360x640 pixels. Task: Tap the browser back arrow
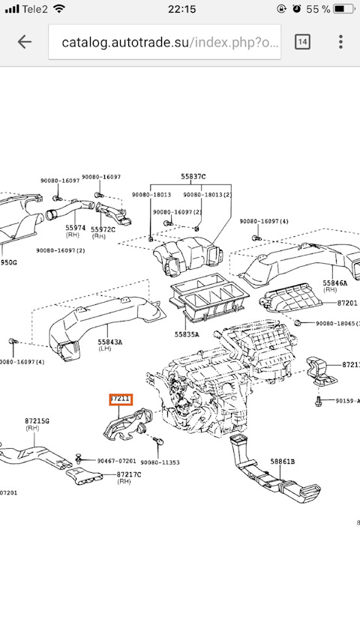pos(25,42)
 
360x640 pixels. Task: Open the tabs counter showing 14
pos(302,42)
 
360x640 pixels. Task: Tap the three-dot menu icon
pos(341,42)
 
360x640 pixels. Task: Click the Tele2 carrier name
pos(34,9)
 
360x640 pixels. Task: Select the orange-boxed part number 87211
pos(120,399)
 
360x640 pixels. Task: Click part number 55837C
pos(193,178)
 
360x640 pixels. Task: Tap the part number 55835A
pos(187,334)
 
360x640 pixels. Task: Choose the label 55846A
pos(334,284)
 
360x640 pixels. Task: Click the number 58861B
pos(283,462)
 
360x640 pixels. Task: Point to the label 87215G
pos(37,421)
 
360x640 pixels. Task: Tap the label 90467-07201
pos(116,461)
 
